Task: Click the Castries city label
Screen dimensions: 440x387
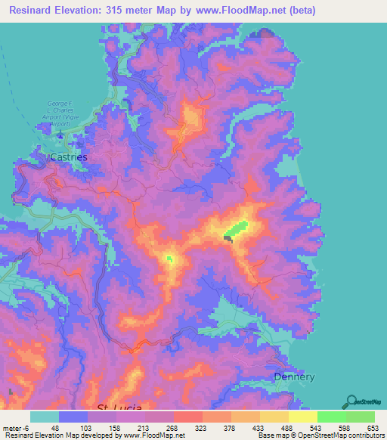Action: [x=68, y=156]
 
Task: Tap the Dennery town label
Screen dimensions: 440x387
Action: [x=293, y=376]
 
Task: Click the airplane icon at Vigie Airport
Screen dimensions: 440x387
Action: [x=60, y=137]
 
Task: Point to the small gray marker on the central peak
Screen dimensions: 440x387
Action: [x=228, y=238]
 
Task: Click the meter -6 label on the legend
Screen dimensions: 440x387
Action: [x=15, y=428]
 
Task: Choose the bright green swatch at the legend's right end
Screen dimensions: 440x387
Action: [x=360, y=417]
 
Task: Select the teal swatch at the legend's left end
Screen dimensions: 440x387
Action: [x=45, y=417]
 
